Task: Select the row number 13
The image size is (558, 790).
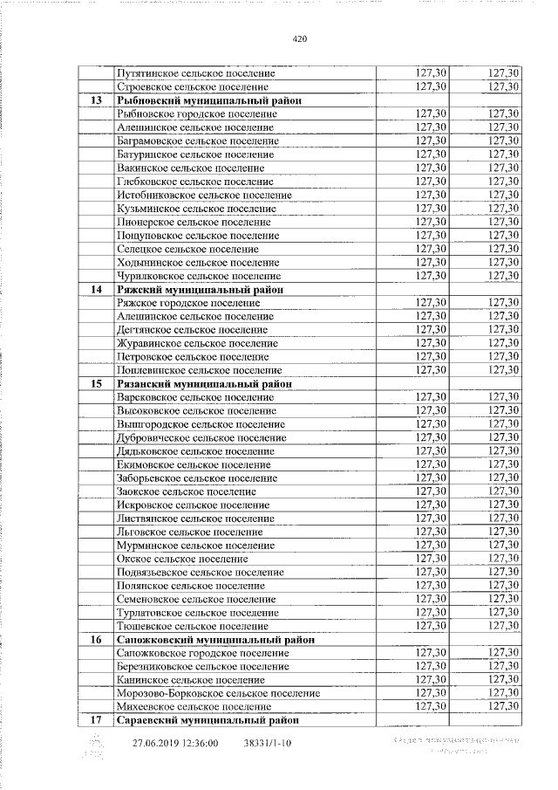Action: pos(96,100)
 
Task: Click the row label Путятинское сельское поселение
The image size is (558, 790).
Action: pos(196,73)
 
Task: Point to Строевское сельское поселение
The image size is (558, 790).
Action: pos(192,87)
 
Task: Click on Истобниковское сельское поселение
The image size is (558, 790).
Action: pos(204,195)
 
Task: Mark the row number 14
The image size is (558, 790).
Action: pos(96,289)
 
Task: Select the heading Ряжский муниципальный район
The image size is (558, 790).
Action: pos(201,289)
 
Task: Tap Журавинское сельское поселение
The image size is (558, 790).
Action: pos(197,343)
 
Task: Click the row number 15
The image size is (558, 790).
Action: pos(96,383)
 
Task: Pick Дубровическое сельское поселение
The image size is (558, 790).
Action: pos(201,437)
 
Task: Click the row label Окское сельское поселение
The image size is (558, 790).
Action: pos(182,559)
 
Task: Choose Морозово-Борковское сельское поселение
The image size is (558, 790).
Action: pos(218,693)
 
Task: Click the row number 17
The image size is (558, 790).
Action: pos(96,720)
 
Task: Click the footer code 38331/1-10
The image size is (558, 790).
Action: pos(266,744)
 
